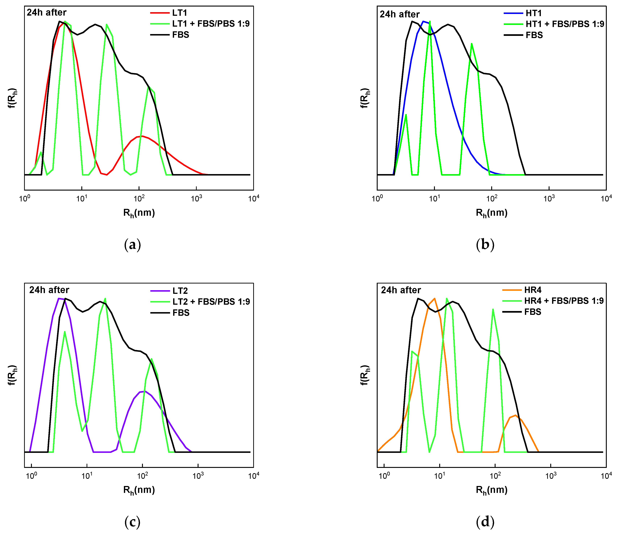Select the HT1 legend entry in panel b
[x=533, y=13]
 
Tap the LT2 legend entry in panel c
[x=180, y=291]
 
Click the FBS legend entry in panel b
[x=534, y=35]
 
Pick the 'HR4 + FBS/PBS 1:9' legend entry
[x=564, y=301]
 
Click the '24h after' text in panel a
[x=47, y=12]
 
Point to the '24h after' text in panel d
[x=401, y=290]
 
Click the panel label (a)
[x=132, y=245]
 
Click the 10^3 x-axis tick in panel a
[x=196, y=198]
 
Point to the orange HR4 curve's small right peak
[x=515, y=415]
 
